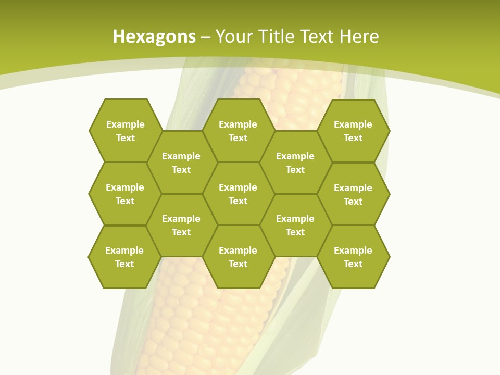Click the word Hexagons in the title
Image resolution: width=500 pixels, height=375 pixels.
pyautogui.click(x=154, y=37)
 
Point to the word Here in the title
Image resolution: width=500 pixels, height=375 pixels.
pyautogui.click(x=359, y=36)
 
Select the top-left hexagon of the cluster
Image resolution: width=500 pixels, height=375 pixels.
pyautogui.click(x=125, y=131)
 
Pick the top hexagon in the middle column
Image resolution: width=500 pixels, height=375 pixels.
pyautogui.click(x=238, y=131)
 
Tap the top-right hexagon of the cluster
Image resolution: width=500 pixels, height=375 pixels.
pyautogui.click(x=353, y=131)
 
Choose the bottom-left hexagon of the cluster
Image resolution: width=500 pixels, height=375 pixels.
pyautogui.click(x=124, y=257)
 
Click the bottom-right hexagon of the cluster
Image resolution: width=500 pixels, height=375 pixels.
pyautogui.click(x=353, y=257)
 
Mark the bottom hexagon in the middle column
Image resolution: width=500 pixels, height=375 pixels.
pyautogui.click(x=238, y=257)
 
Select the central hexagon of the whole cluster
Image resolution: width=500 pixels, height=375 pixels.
pyautogui.click(x=238, y=194)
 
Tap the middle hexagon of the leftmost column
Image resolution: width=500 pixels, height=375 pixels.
pyautogui.click(x=125, y=194)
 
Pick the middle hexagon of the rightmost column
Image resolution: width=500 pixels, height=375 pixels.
pyautogui.click(x=353, y=194)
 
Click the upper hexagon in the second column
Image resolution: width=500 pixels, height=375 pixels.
pyautogui.click(x=181, y=162)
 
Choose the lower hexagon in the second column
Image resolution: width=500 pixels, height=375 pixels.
pyautogui.click(x=181, y=225)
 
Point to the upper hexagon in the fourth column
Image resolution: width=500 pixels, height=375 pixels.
pyautogui.click(x=295, y=162)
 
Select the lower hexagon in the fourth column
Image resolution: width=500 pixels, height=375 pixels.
pyautogui.click(x=295, y=225)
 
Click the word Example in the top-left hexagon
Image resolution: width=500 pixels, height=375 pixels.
pyautogui.click(x=125, y=124)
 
